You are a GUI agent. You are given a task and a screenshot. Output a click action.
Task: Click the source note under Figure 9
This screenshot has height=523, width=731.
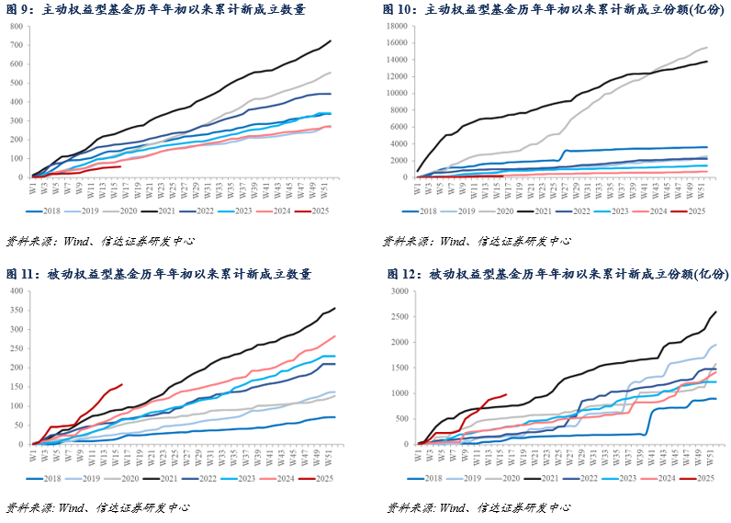pyautogui.click(x=100, y=241)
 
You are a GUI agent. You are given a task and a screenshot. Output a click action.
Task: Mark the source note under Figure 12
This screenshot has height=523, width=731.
pyautogui.click(x=477, y=507)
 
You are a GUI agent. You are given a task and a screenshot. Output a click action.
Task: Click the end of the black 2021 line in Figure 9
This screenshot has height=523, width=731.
pyautogui.click(x=332, y=40)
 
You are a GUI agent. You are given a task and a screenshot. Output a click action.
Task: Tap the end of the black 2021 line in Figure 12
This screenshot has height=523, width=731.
pyautogui.click(x=716, y=312)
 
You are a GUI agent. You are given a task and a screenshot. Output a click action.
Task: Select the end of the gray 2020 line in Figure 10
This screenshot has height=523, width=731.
pyautogui.click(x=707, y=48)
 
